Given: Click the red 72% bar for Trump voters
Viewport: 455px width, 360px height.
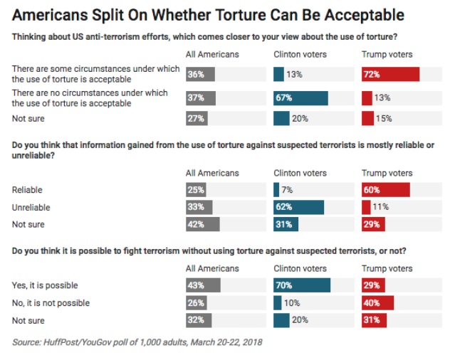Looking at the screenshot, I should pyautogui.click(x=390, y=74).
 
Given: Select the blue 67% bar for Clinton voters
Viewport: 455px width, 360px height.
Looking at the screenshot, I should pyautogui.click(x=300, y=97).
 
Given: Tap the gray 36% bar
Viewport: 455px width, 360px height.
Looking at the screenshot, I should pyautogui.click(x=200, y=74).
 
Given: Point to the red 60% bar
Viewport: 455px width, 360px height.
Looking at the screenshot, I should pyautogui.click(x=386, y=190).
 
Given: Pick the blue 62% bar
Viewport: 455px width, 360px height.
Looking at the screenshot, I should pyautogui.click(x=298, y=207).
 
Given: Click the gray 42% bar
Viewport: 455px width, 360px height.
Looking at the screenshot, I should pyautogui.click(x=202, y=224).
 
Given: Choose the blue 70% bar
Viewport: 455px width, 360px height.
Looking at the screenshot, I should pyautogui.click(x=302, y=285).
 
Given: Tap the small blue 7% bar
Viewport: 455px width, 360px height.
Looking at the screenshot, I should pyautogui.click(x=276, y=190).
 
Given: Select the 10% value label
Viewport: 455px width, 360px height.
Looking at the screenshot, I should pyautogui.click(x=292, y=302).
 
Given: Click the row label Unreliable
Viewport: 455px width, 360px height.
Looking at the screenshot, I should pyautogui.click(x=31, y=207).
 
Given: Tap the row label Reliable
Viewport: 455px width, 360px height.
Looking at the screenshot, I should pyautogui.click(x=28, y=190).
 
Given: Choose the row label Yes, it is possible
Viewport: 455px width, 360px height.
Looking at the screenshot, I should pyautogui.click(x=45, y=285).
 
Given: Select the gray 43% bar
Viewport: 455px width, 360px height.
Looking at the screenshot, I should pyautogui.click(x=203, y=285).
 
